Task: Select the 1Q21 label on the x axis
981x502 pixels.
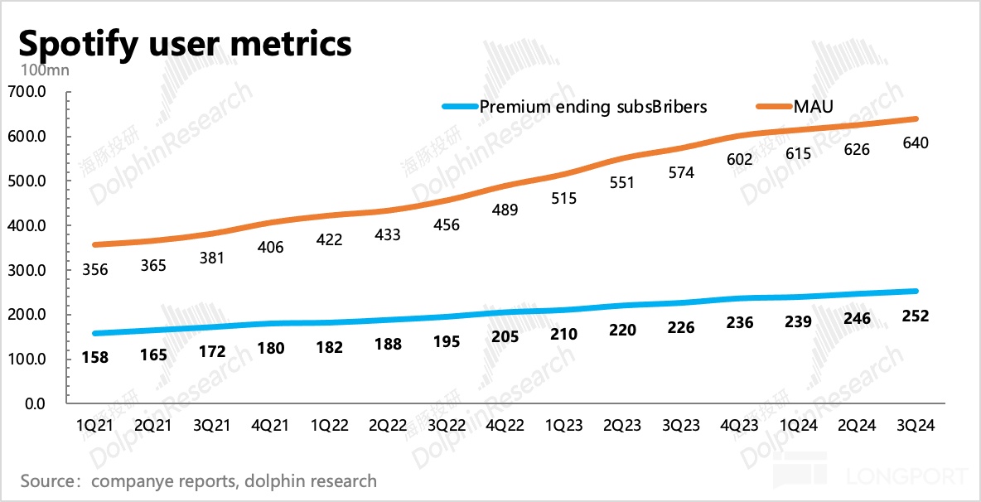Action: click(x=96, y=425)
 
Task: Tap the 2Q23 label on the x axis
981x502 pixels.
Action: click(x=621, y=425)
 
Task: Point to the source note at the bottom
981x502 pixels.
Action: click(x=199, y=480)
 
